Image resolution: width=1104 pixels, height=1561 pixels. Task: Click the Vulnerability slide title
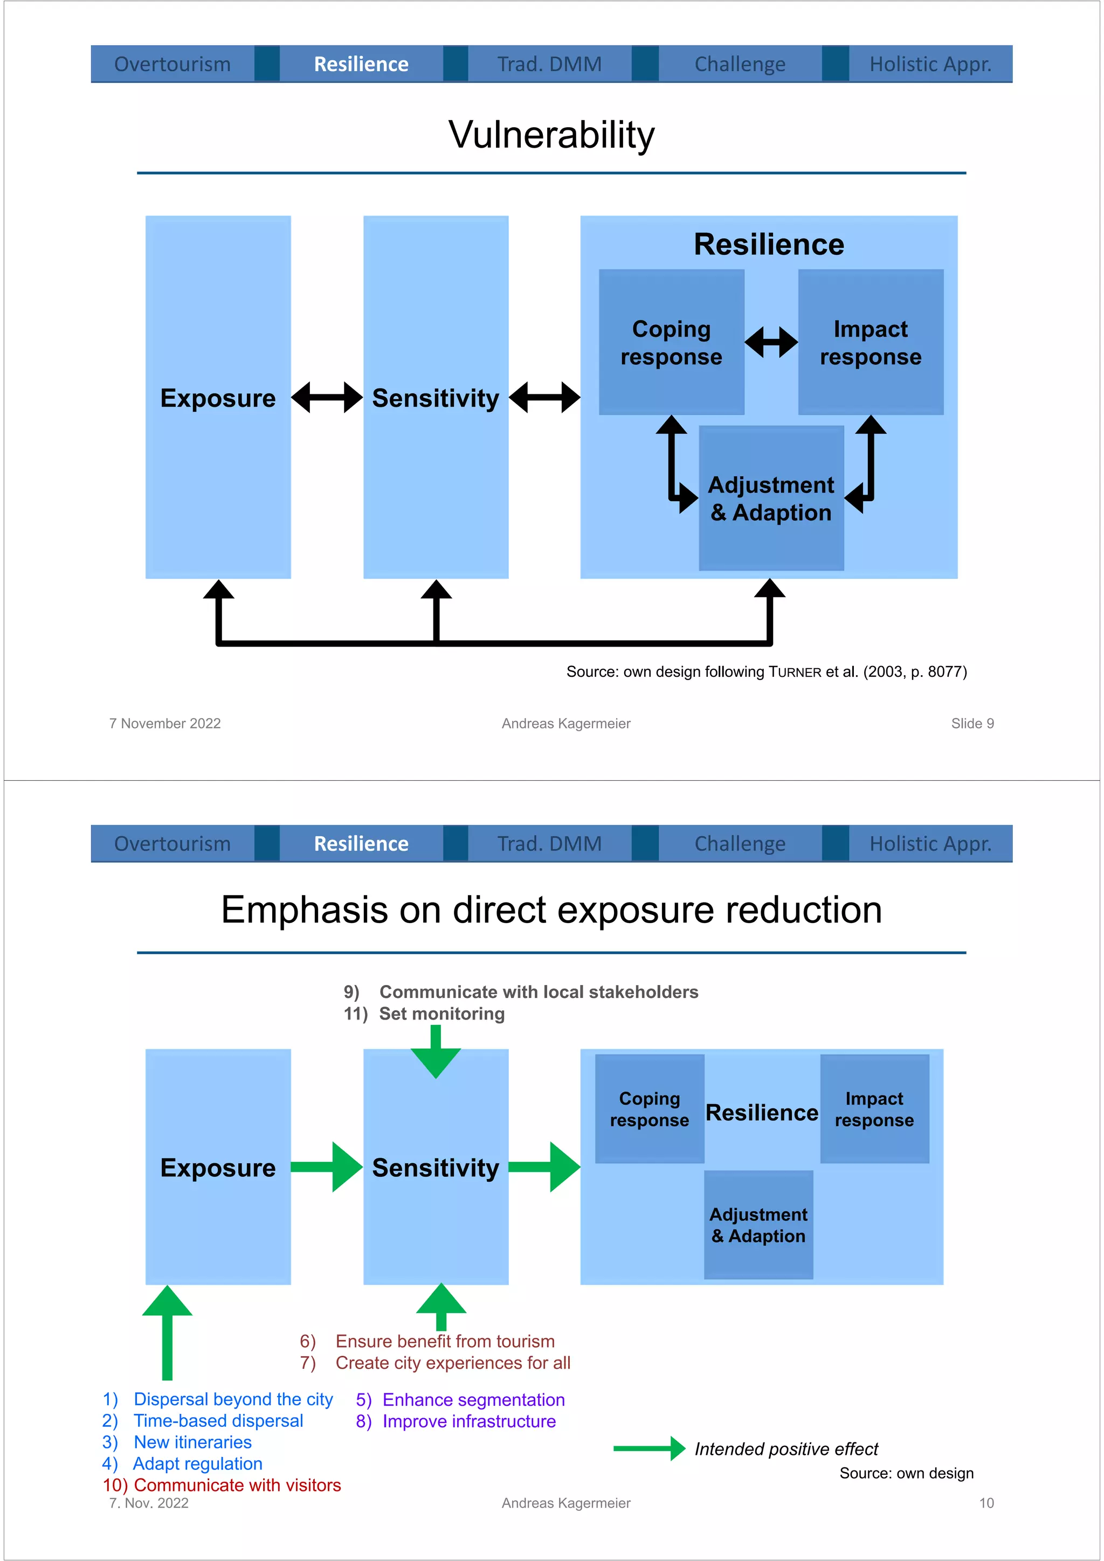point(551,135)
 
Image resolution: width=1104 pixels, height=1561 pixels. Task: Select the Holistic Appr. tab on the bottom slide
point(930,844)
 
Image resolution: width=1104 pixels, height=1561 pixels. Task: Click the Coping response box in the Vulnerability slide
point(671,342)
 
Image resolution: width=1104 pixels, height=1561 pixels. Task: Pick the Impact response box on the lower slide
point(874,1109)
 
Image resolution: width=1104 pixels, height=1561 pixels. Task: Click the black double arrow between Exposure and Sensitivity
point(327,398)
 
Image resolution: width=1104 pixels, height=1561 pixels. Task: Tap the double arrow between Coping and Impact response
point(771,342)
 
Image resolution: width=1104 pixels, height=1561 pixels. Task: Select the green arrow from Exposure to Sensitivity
point(327,1167)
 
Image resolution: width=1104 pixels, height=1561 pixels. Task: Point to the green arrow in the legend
point(648,1449)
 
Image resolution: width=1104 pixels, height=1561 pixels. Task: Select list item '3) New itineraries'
point(177,1442)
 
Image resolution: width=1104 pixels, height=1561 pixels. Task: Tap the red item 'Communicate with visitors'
point(222,1485)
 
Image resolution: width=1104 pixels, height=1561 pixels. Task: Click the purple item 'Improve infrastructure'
point(456,1421)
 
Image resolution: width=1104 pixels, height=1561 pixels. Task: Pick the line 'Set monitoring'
point(424,1014)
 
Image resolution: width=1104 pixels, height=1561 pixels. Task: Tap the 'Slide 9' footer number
point(972,724)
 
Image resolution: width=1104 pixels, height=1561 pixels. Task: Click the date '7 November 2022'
point(165,724)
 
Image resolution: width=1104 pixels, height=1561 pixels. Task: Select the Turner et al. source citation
point(766,672)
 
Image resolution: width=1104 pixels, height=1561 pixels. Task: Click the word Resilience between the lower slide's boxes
point(761,1112)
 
